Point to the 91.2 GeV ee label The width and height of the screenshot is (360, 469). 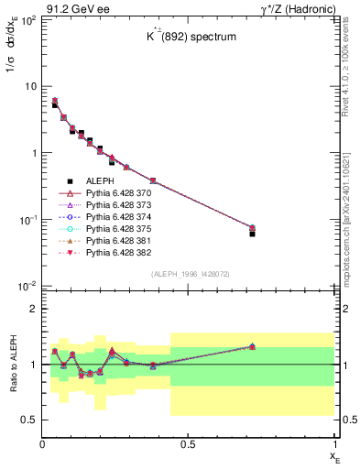coord(68,7)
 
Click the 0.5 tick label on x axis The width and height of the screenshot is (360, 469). coord(188,443)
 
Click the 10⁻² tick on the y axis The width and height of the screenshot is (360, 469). coord(28,287)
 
